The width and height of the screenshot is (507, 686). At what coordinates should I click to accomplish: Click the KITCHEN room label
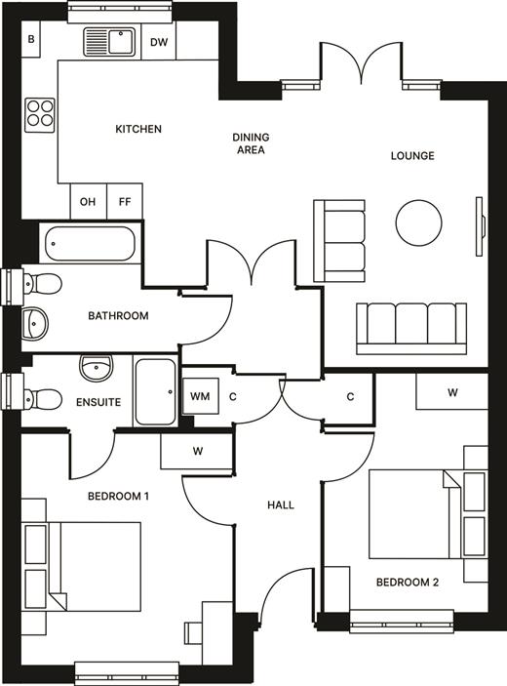click(x=138, y=129)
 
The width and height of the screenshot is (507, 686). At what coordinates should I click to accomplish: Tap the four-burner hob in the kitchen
click(x=40, y=115)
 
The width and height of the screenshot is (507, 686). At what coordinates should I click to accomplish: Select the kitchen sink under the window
click(x=110, y=42)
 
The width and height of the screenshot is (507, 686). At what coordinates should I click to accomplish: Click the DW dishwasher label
click(x=159, y=42)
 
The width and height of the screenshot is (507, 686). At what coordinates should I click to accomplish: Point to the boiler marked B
click(x=31, y=39)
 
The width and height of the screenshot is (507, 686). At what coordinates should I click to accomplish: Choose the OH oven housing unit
click(x=89, y=201)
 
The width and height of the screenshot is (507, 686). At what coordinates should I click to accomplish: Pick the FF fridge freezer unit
click(x=125, y=201)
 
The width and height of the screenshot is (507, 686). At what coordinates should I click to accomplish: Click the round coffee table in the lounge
click(x=418, y=222)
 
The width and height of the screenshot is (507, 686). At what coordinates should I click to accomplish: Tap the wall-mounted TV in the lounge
click(x=481, y=226)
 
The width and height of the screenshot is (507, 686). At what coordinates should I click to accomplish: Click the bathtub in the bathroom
click(x=90, y=244)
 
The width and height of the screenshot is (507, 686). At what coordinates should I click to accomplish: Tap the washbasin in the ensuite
click(x=97, y=368)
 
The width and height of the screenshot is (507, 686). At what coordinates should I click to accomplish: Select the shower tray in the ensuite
click(x=156, y=391)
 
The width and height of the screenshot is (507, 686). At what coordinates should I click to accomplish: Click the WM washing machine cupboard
click(x=201, y=396)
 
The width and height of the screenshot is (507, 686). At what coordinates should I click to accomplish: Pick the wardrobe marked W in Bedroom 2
click(x=452, y=392)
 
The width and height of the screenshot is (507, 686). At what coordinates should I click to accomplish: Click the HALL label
click(x=281, y=505)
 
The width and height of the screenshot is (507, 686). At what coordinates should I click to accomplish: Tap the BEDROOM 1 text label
click(x=118, y=496)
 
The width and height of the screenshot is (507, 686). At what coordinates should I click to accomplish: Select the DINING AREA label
click(x=251, y=143)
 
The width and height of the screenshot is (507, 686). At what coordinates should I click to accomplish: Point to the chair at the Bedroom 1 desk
click(x=193, y=633)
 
